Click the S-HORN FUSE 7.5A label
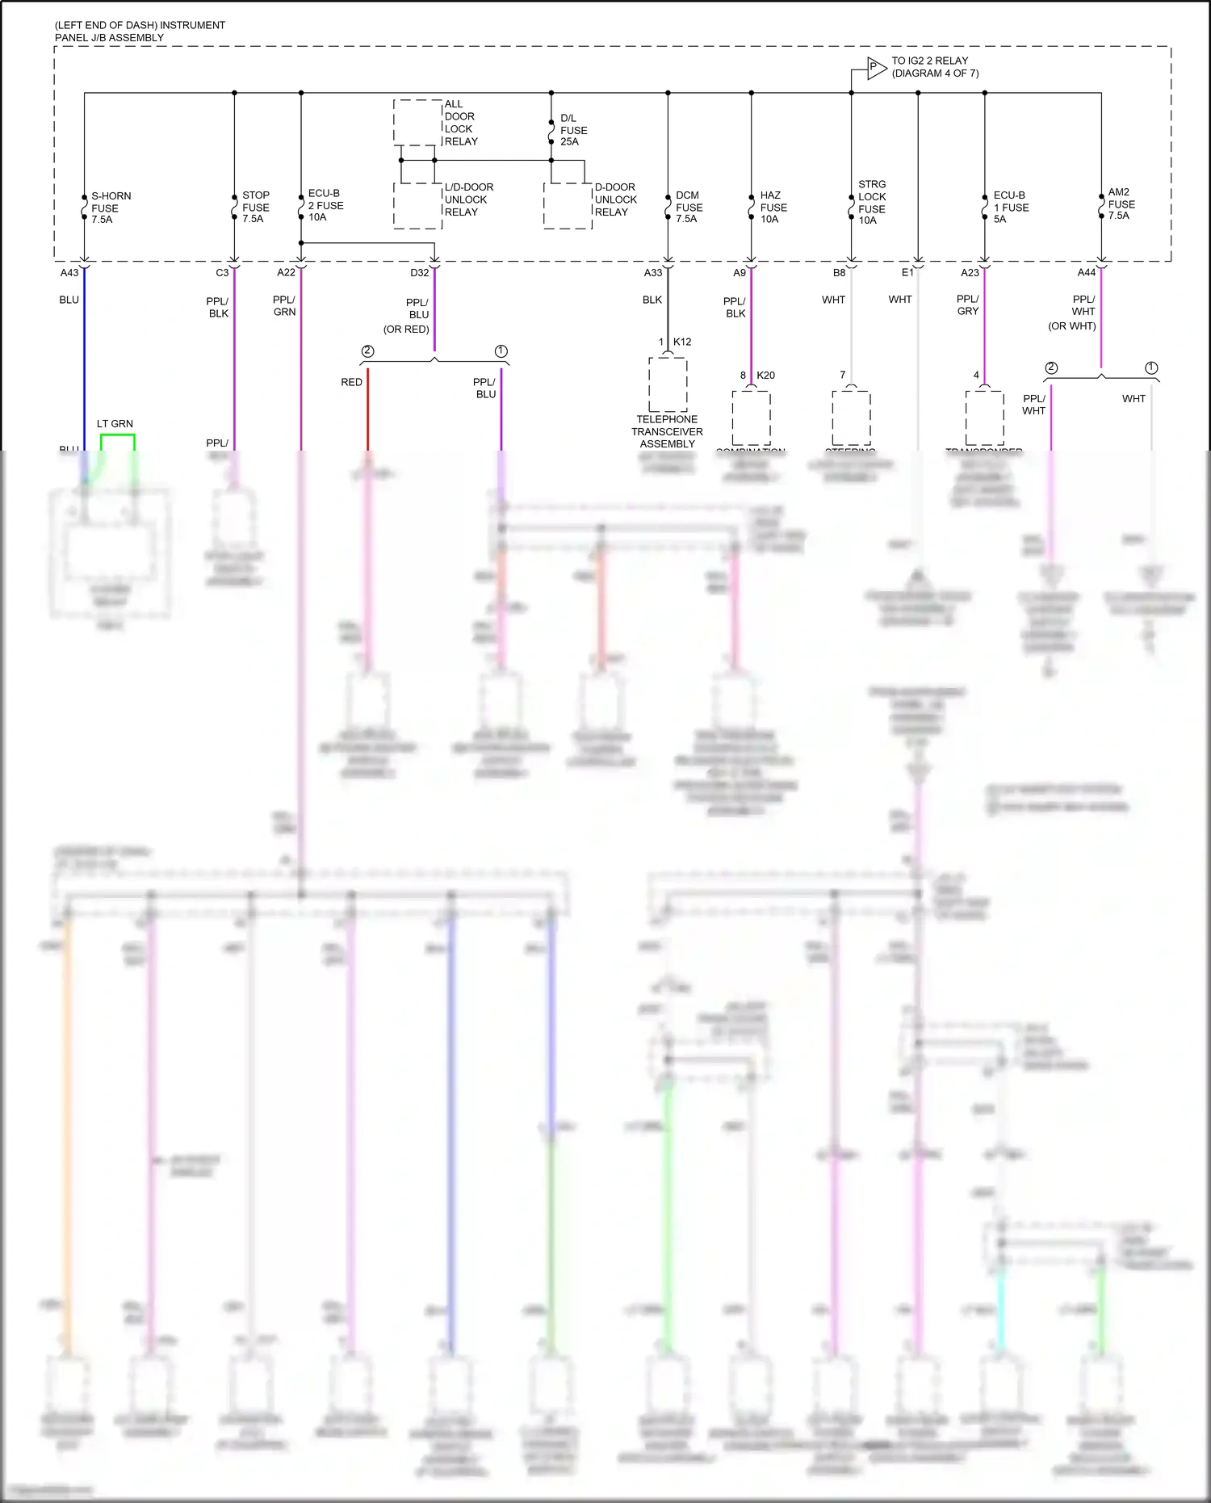110,208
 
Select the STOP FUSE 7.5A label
255,207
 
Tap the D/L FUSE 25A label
573,130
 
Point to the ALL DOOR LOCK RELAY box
417,123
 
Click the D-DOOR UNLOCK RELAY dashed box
568,205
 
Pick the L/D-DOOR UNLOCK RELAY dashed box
417,205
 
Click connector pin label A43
69,273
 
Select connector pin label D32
419,273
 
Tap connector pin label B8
840,273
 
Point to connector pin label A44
1087,273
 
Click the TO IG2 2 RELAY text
934,67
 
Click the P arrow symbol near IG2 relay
876,68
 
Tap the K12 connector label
682,342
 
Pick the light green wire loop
117,436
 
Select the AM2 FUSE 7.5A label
1121,204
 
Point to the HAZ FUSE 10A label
773,207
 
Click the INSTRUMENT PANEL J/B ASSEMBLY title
140,31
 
